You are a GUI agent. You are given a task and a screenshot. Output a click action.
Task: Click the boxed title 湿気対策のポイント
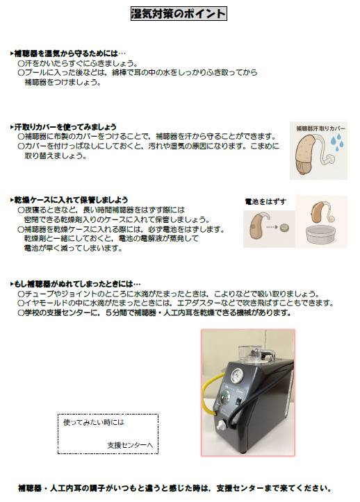click(179, 14)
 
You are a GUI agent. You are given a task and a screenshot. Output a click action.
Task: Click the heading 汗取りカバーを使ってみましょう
click(63, 127)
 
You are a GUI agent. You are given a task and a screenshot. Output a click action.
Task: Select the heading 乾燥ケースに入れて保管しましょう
click(69, 200)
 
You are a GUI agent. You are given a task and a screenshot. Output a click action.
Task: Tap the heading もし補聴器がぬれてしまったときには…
click(76, 284)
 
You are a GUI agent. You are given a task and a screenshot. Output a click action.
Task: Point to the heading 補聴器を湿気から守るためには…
click(68, 53)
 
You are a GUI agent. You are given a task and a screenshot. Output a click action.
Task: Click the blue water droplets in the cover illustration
click(338, 142)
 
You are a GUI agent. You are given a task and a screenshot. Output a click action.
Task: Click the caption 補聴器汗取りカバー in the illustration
click(320, 128)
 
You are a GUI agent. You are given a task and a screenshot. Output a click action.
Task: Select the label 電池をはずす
click(265, 201)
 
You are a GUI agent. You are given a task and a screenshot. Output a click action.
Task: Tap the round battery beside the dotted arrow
click(284, 228)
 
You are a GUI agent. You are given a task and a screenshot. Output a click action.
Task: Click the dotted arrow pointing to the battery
click(272, 227)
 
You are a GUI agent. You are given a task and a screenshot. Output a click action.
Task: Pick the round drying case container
click(321, 235)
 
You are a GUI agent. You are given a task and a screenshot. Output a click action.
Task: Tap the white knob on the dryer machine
click(221, 426)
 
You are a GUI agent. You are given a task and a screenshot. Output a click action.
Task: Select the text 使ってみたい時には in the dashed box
click(94, 422)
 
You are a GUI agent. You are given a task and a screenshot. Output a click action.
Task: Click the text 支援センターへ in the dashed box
click(130, 445)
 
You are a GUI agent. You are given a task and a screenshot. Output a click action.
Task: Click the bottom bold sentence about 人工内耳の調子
click(174, 488)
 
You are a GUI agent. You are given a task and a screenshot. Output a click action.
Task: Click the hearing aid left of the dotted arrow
click(256, 226)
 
